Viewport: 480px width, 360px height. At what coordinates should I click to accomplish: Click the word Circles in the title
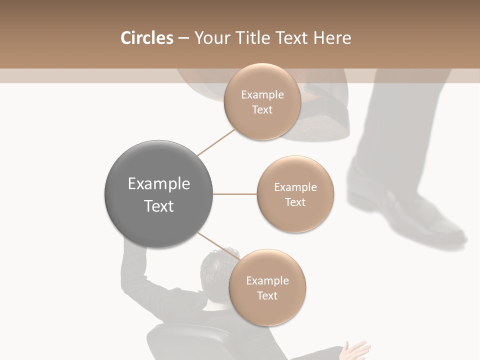[146, 38]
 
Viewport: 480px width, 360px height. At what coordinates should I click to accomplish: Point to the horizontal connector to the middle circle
[235, 194]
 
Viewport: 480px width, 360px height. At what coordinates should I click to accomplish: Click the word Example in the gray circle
[158, 184]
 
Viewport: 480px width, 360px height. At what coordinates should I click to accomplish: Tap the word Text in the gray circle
[158, 206]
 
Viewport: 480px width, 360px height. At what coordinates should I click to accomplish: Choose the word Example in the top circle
[262, 95]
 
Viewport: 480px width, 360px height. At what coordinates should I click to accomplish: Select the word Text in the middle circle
[295, 202]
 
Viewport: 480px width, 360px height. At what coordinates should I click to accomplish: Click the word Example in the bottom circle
[267, 281]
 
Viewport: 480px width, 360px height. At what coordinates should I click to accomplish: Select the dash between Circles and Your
[183, 38]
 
